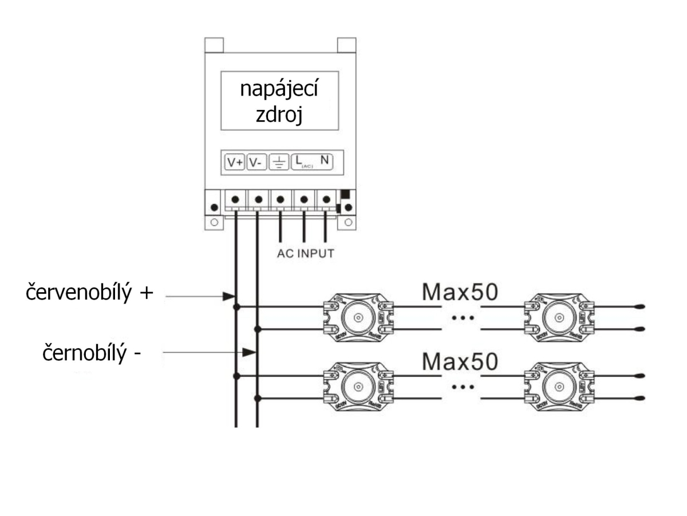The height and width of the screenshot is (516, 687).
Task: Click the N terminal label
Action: [324, 162]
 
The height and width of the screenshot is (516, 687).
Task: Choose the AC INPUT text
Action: [305, 254]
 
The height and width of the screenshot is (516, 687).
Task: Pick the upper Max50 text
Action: [460, 292]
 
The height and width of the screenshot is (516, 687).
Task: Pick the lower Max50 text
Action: [460, 361]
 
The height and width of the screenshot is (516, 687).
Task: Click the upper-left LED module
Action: [358, 318]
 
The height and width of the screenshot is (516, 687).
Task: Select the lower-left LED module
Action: [358, 387]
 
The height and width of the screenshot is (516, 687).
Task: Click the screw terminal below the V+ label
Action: [235, 200]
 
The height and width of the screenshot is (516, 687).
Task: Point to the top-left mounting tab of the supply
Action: [214, 44]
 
